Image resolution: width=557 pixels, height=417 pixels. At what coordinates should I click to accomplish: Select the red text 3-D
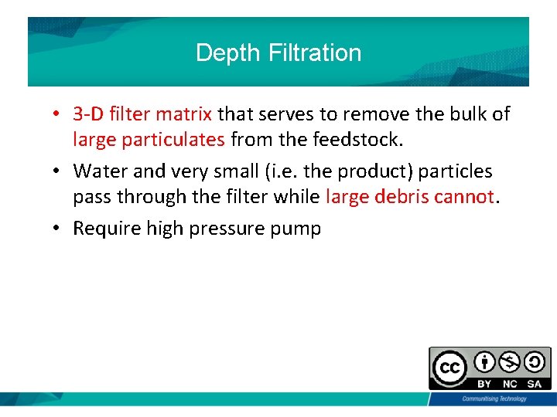(89, 114)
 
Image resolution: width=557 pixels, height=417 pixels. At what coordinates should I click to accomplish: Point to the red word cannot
(463, 196)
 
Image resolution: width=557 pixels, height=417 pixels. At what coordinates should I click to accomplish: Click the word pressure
(233, 228)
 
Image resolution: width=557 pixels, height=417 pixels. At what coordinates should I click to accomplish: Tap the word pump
(298, 228)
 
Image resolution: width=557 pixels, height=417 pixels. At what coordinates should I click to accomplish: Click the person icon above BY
(485, 362)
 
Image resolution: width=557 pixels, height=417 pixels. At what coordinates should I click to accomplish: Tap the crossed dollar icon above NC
(510, 362)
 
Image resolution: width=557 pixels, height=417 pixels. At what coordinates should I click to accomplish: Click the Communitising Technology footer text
(494, 398)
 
